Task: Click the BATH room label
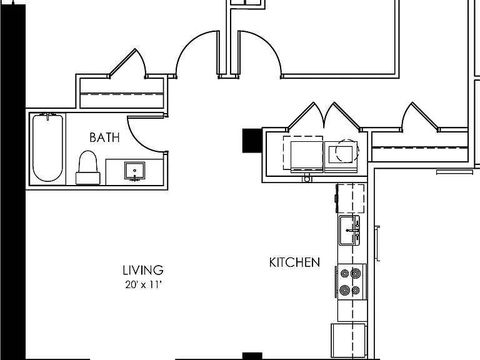coord(104,137)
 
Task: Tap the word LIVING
coord(143,270)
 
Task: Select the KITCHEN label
coord(294,262)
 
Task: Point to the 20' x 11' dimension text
coord(143,285)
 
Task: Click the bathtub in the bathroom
coord(47,147)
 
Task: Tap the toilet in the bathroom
coord(88,167)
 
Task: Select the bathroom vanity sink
coord(135,171)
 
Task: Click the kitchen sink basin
coord(349,230)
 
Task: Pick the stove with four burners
coord(351,282)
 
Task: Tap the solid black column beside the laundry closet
coord(252,141)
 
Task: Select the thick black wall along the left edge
coord(12,181)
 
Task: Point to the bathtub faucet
coord(48,116)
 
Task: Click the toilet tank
coord(88,179)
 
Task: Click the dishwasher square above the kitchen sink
coord(351,198)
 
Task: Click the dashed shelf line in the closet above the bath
coord(122,94)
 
